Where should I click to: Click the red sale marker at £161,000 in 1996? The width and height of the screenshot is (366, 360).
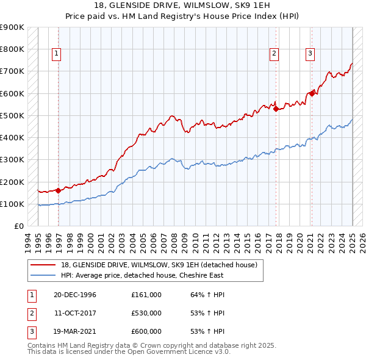coord(59,190)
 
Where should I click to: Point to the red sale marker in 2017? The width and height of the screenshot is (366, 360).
coord(276,109)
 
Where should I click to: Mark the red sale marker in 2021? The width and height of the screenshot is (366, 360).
coord(312,93)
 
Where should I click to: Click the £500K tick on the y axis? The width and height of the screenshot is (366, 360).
coord(12,115)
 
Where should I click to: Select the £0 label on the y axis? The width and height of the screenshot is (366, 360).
coord(18,226)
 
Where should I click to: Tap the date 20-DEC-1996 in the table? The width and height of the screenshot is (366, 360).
coord(75,295)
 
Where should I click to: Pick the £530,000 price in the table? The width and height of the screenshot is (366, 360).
coord(146,313)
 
